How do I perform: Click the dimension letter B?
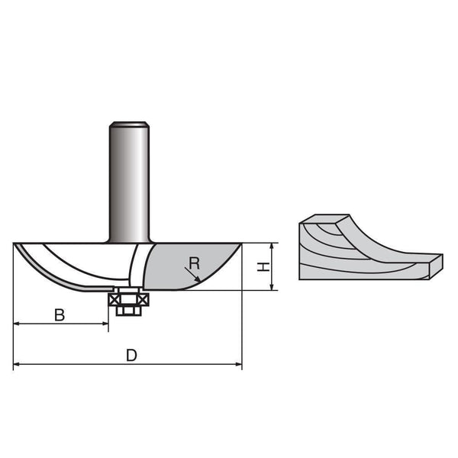pyautogui.click(x=60, y=314)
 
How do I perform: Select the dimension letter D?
pyautogui.click(x=131, y=356)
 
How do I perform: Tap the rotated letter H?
pyautogui.click(x=261, y=266)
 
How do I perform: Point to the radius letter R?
pyautogui.click(x=194, y=263)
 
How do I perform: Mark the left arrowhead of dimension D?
pyautogui.click(x=17, y=365)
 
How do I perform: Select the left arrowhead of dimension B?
pyautogui.click(x=17, y=324)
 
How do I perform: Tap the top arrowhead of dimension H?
pyautogui.click(x=272, y=246)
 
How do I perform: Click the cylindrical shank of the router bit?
pyautogui.click(x=129, y=183)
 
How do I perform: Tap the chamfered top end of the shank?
pyautogui.click(x=129, y=125)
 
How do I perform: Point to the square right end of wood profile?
pyautogui.click(x=436, y=263)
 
